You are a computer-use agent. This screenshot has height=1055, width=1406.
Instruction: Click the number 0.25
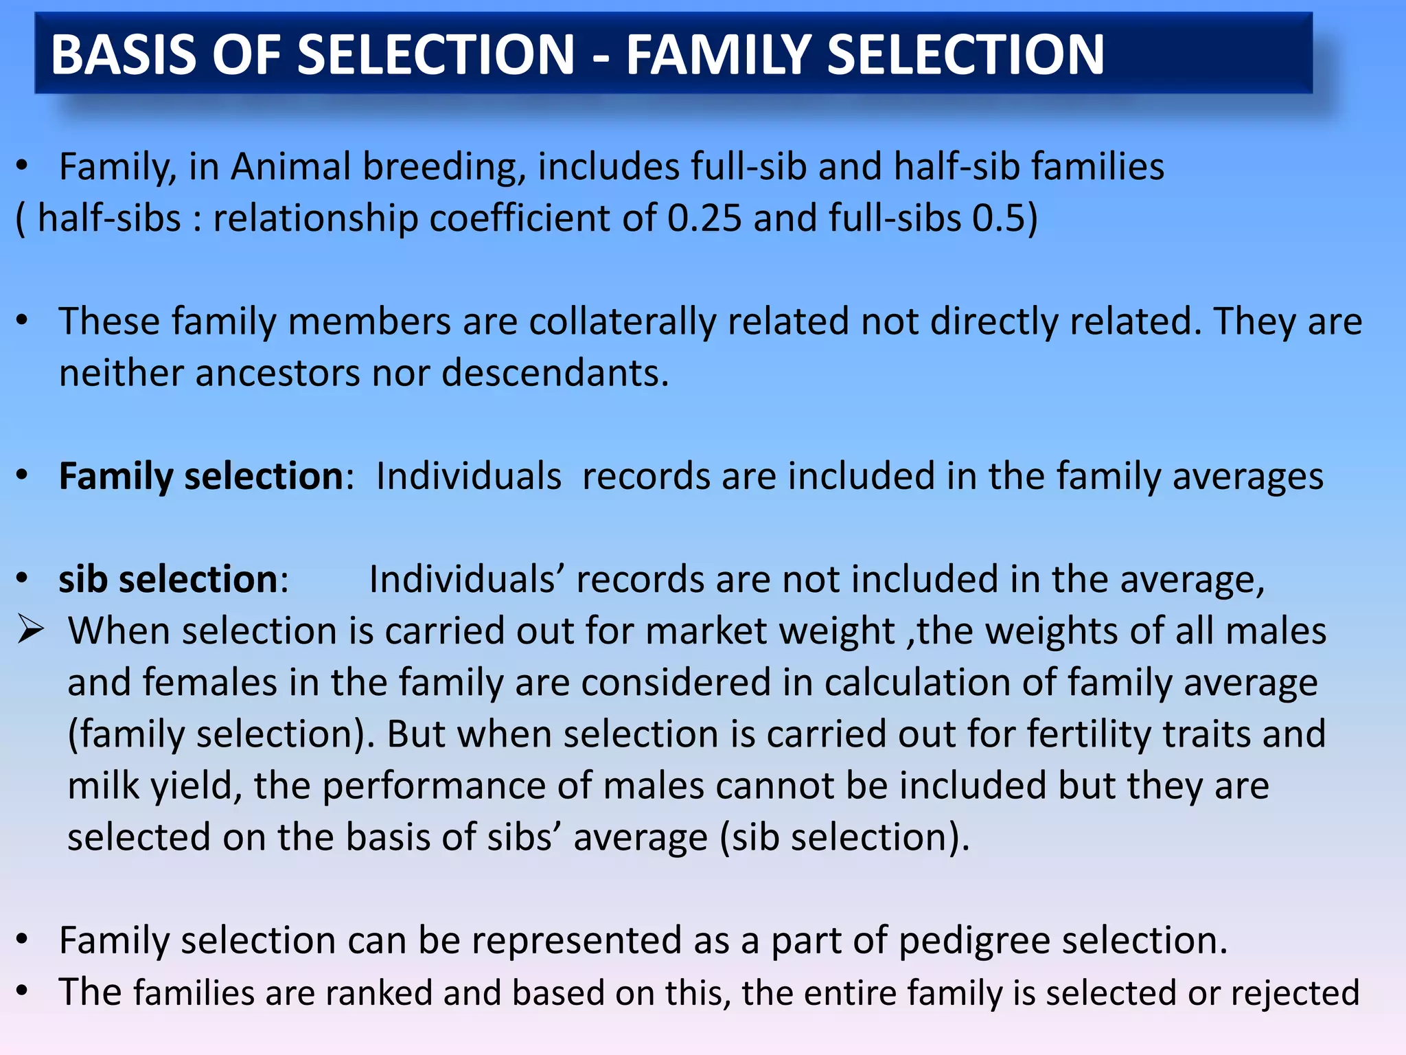click(x=704, y=218)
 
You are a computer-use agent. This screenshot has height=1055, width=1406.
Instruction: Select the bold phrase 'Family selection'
click(x=201, y=476)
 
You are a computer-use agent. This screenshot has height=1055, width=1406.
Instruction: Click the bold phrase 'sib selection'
click(x=169, y=579)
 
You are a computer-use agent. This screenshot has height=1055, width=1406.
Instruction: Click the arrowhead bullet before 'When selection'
click(x=32, y=630)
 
